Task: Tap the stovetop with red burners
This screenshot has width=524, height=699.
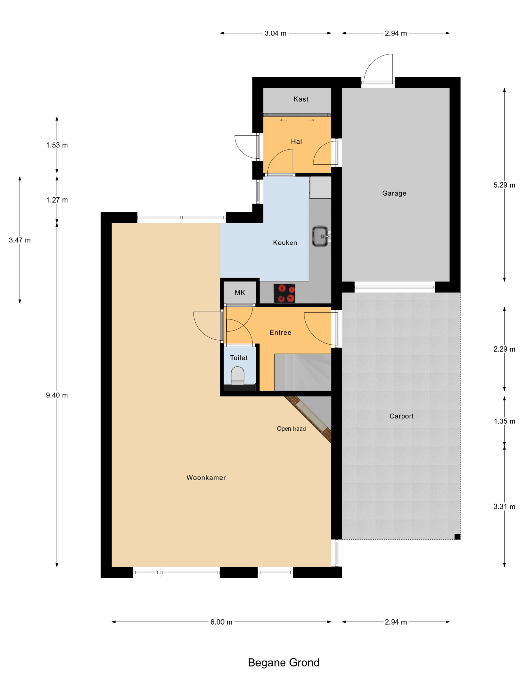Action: coord(284,293)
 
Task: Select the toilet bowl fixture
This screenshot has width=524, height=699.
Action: coord(237,375)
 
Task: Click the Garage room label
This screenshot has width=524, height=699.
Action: coord(394,193)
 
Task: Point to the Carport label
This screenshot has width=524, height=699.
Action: coord(401,416)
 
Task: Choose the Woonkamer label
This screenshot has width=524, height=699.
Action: coord(206,478)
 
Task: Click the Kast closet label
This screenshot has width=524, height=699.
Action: coord(301,99)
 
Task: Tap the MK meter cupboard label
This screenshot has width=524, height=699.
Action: coord(240,292)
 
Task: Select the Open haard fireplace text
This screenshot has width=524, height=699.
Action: coord(291,429)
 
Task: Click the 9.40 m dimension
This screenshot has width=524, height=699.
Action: coord(57,395)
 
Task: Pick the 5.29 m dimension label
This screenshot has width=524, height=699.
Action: coord(504,185)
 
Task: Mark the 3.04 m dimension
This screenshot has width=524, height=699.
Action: coord(275,33)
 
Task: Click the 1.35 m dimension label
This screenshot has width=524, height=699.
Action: coord(504,421)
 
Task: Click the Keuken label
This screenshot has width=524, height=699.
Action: coord(285,243)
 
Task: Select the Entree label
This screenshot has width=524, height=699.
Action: coord(280,333)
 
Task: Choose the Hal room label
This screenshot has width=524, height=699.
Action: coord(296,141)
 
